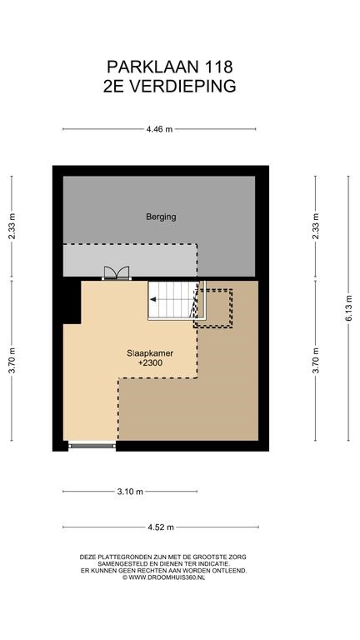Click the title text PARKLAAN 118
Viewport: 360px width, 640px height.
click(x=169, y=66)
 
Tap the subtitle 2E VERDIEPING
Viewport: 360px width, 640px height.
click(x=169, y=86)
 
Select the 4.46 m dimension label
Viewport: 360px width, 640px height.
click(x=159, y=129)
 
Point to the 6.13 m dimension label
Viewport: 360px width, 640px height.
click(x=348, y=308)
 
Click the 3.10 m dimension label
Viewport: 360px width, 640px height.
click(x=130, y=492)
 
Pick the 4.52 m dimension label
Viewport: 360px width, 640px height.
click(x=161, y=527)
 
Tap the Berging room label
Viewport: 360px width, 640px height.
click(x=161, y=217)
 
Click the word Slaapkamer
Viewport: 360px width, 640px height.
click(x=150, y=353)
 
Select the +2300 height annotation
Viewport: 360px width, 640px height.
click(x=150, y=362)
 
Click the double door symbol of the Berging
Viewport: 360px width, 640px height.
click(x=117, y=273)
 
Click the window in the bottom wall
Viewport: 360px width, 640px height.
click(x=92, y=446)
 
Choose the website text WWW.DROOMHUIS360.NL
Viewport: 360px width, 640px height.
click(x=167, y=577)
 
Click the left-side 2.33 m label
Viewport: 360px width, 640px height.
click(x=12, y=227)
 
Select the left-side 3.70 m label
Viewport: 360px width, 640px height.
click(x=12, y=360)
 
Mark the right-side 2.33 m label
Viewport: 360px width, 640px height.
click(x=316, y=227)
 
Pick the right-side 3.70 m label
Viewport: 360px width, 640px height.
click(x=316, y=360)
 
